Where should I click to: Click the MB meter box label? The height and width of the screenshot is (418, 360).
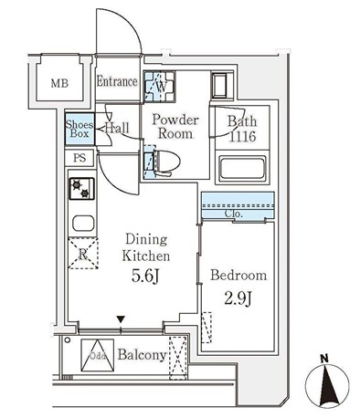(59, 83)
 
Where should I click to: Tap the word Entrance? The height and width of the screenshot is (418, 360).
(117, 81)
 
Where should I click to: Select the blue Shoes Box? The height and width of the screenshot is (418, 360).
(79, 129)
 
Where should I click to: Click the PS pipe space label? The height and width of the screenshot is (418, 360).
(79, 158)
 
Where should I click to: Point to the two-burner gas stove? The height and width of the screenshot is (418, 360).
(81, 189)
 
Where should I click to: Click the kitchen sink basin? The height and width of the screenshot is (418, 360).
(83, 224)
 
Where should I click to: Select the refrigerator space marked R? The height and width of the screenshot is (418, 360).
(83, 254)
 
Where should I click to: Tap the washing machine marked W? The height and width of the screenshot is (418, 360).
(159, 87)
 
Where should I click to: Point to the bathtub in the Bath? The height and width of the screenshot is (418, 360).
(242, 168)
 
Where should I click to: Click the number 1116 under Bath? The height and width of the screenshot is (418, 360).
(242, 137)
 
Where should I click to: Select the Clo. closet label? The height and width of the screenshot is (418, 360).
(234, 214)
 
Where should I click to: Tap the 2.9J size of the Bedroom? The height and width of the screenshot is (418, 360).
(238, 299)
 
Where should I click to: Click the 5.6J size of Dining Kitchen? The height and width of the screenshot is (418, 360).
(145, 277)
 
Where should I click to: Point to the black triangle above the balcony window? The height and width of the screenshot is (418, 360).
(121, 319)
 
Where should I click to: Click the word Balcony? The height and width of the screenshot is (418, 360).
(143, 355)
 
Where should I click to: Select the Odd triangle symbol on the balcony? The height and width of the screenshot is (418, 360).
(98, 355)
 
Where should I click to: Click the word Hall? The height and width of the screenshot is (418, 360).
(117, 128)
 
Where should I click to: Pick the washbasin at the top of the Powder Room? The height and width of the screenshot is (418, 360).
(220, 85)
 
